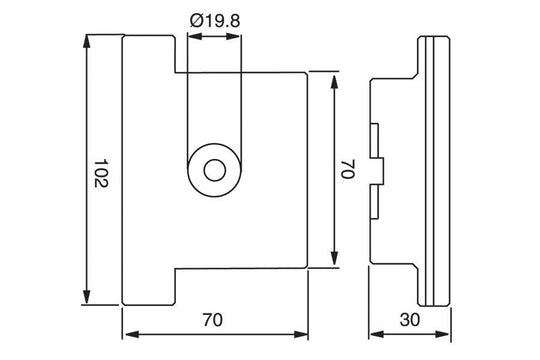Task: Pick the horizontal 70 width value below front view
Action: (x=212, y=321)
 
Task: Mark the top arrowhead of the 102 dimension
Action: (x=87, y=41)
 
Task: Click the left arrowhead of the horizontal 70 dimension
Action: (x=127, y=335)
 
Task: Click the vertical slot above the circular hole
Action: (x=214, y=100)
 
